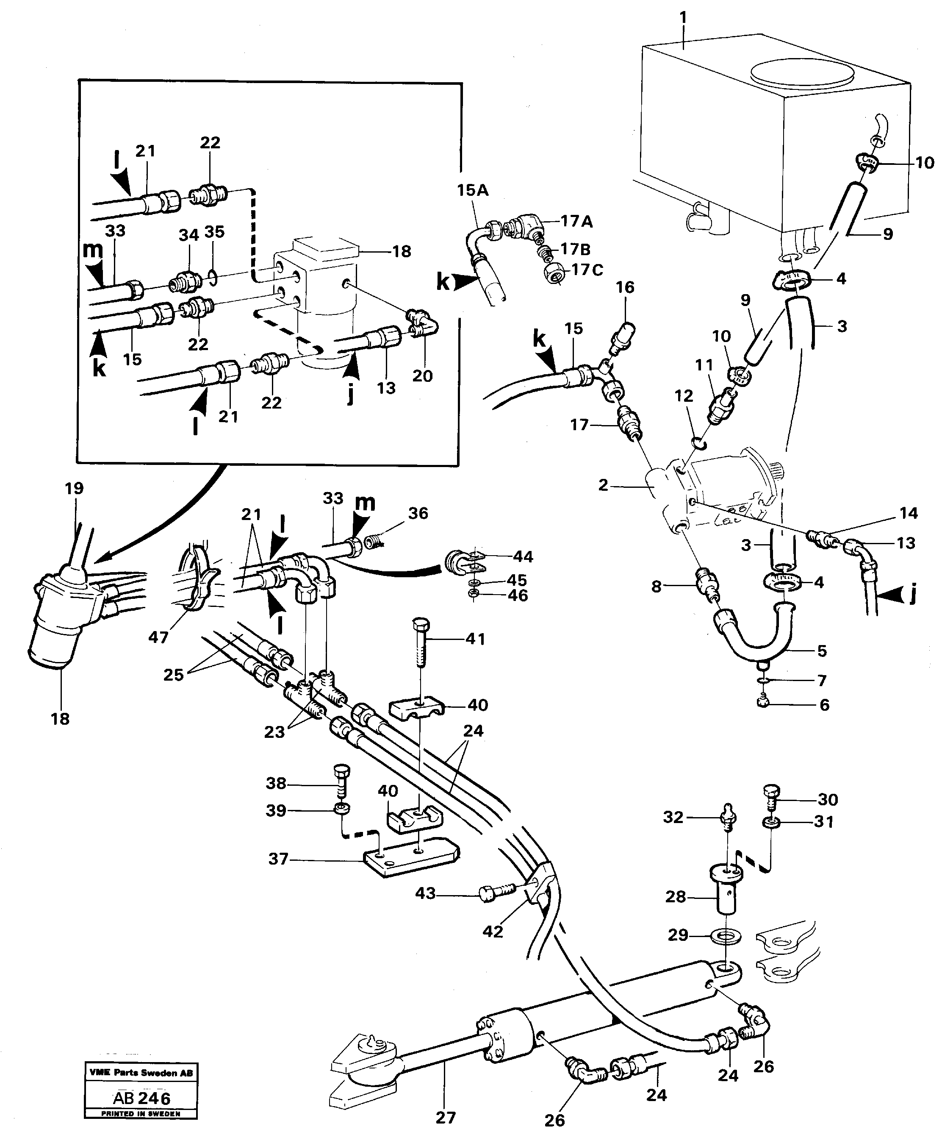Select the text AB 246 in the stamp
click(x=141, y=1098)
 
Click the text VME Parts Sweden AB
click(x=141, y=1073)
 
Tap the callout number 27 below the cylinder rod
click(x=446, y=1117)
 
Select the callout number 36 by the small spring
click(x=418, y=513)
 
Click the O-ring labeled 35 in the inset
click(x=213, y=278)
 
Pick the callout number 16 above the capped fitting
click(x=625, y=287)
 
